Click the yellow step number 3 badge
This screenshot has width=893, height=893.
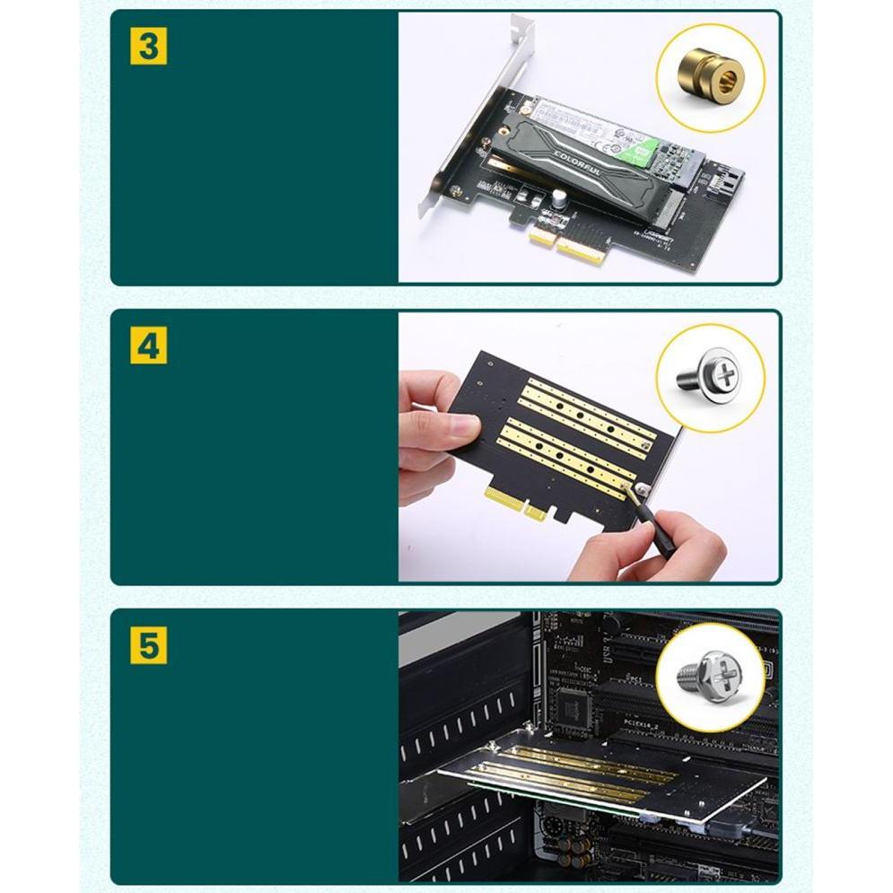[x=148, y=46]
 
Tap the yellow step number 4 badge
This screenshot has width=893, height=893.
[x=148, y=346]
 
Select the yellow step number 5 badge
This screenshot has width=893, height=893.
[x=148, y=645]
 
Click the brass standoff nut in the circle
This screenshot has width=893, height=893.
[x=711, y=77]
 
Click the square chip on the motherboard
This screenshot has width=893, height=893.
[x=574, y=707]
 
